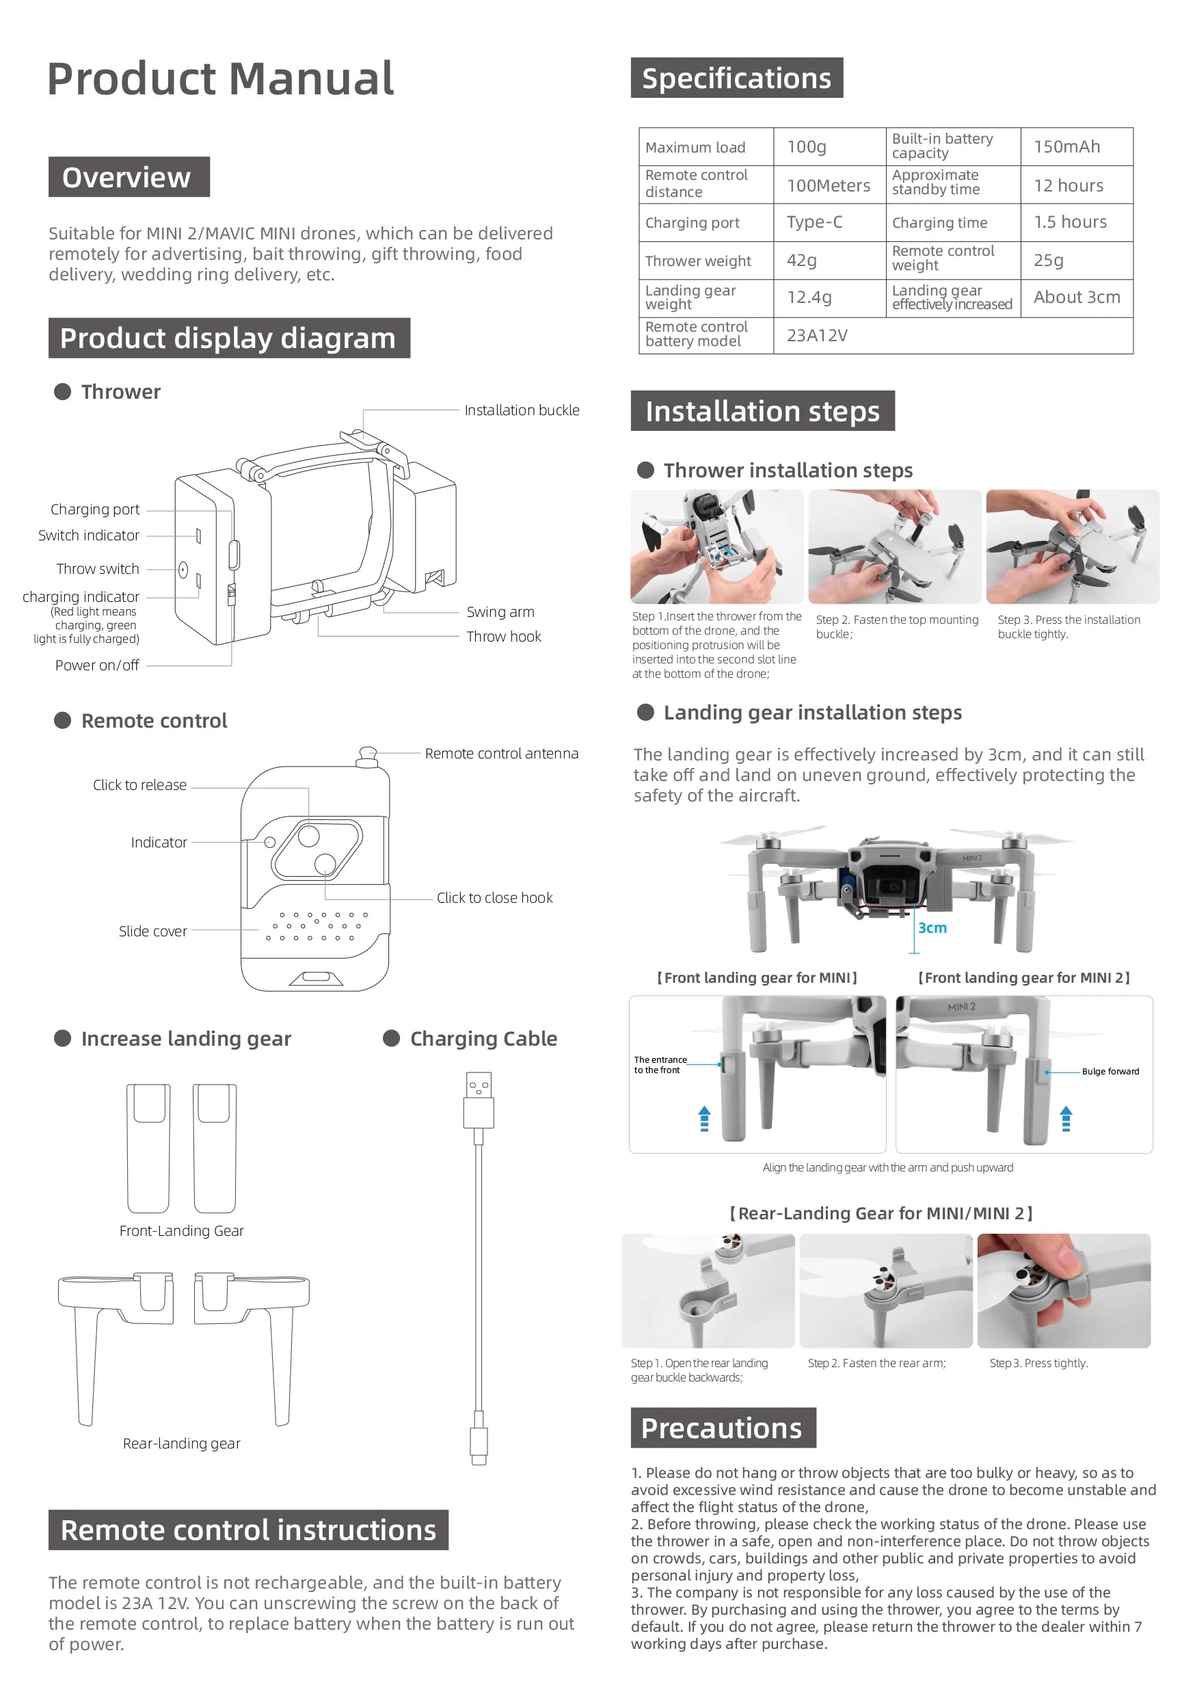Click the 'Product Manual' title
click(x=220, y=79)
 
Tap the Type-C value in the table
click(x=814, y=222)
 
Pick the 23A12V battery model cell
click(x=816, y=336)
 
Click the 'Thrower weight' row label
click(x=697, y=261)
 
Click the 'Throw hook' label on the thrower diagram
click(x=503, y=636)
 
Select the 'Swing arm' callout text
click(x=500, y=611)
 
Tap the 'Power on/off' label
click(x=97, y=665)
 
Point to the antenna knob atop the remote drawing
click(x=366, y=754)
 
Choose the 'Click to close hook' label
click(x=494, y=897)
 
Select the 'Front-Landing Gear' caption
click(x=181, y=1231)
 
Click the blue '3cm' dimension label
click(x=931, y=928)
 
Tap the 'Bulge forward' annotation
click(x=1110, y=1071)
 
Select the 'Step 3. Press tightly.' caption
click(x=1038, y=1363)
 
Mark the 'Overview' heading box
click(x=129, y=177)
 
